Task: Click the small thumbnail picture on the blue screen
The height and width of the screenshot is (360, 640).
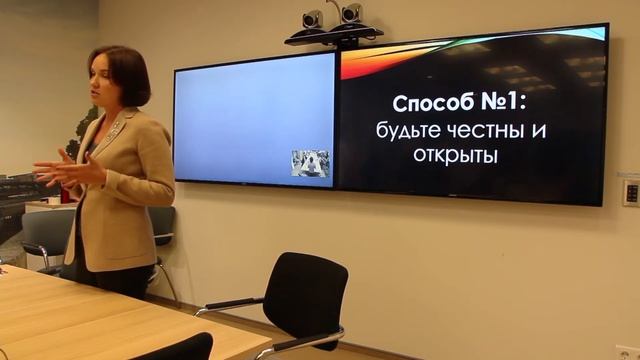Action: (310, 163)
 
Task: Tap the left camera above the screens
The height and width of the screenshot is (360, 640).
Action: (313, 19)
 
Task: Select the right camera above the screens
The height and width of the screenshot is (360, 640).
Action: (351, 14)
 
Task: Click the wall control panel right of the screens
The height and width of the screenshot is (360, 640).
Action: (631, 191)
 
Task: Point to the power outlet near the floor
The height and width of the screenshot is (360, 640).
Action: (628, 352)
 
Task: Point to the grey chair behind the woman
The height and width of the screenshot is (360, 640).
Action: (48, 235)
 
